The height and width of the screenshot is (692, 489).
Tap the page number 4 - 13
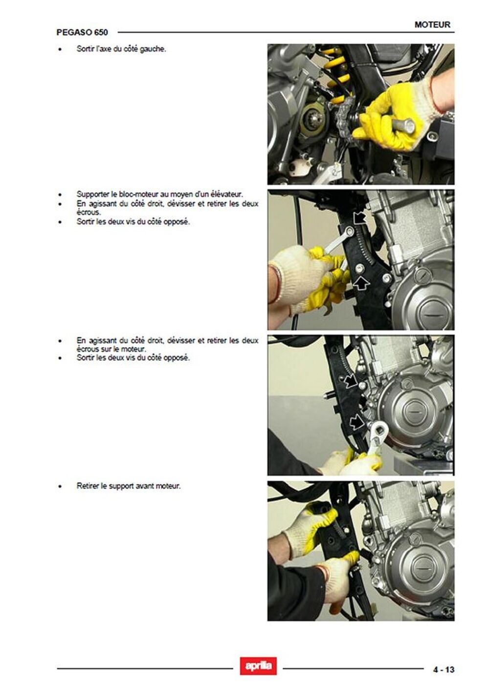click(x=444, y=669)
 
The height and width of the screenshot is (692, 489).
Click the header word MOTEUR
click(x=432, y=24)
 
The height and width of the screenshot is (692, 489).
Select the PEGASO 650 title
click(x=82, y=32)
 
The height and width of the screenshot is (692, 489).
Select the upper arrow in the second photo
click(x=359, y=217)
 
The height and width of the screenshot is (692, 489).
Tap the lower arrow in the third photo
click(x=357, y=422)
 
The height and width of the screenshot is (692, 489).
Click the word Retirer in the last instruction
click(x=88, y=486)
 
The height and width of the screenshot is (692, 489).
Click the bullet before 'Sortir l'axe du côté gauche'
click(x=60, y=49)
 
